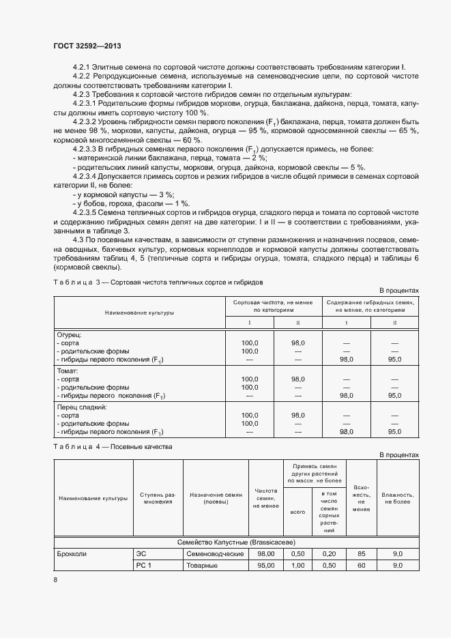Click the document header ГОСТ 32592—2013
[88, 46]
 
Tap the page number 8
[56, 579]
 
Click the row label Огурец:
[68, 334]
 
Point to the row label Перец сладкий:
[80, 405]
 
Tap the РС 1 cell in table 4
[143, 566]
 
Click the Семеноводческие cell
[215, 554]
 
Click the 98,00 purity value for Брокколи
[265, 554]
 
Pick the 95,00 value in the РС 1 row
[265, 566]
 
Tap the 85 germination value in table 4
[362, 554]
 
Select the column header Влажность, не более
[396, 497]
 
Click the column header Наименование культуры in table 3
[139, 313]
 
